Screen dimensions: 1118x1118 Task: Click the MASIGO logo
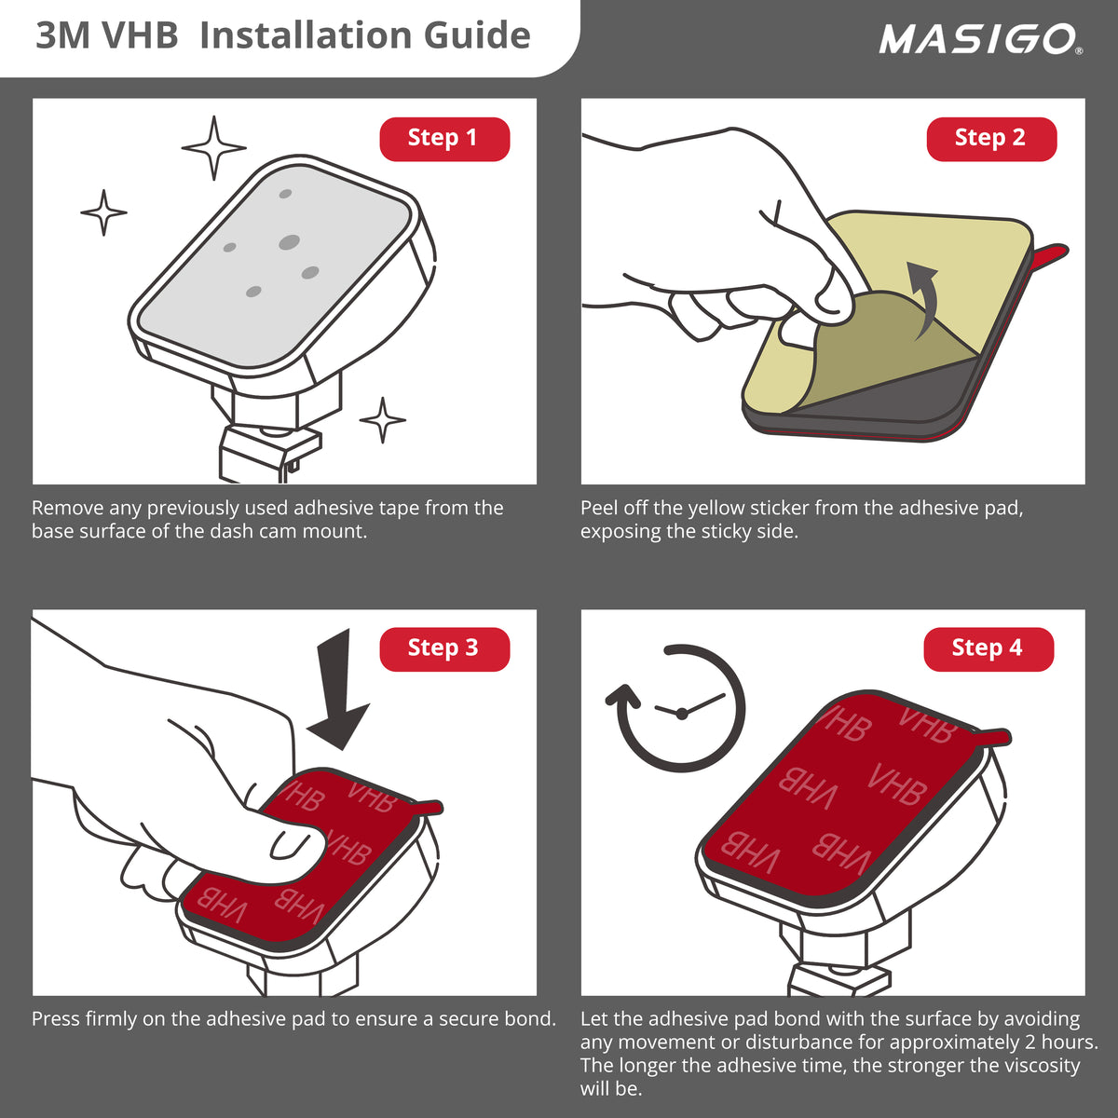(980, 39)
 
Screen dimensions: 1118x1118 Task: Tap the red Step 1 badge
(444, 139)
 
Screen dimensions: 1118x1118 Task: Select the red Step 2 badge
(991, 139)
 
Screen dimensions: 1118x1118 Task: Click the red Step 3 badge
(444, 648)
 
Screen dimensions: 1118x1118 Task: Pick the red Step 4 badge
(988, 648)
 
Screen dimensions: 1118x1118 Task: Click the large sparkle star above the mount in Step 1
(213, 148)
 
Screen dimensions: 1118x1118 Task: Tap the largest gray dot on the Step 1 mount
(289, 242)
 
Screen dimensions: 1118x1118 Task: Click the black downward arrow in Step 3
(338, 690)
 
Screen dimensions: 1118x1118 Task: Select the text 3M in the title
(63, 35)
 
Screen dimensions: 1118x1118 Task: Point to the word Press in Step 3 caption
(56, 1019)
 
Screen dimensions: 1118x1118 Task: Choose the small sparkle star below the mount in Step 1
(382, 420)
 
